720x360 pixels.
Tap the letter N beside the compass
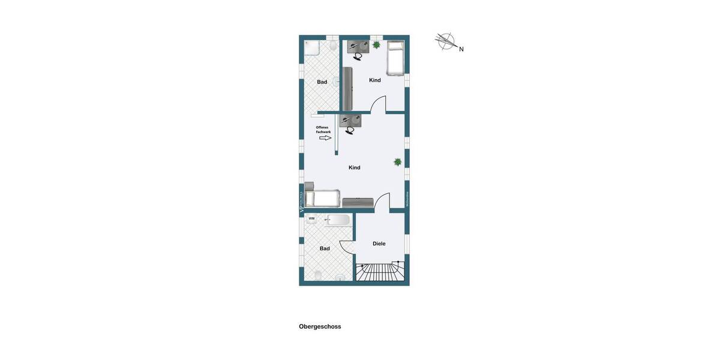coord(461,49)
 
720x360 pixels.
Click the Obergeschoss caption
coord(320,326)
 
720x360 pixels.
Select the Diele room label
coord(379,244)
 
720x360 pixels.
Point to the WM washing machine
coord(311,219)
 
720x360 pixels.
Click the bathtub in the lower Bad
coord(338,220)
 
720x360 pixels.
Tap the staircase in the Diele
coord(380,271)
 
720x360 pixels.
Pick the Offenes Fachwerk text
coord(323,130)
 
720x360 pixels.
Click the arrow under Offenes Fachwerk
coord(325,138)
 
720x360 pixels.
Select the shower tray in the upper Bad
coord(312,47)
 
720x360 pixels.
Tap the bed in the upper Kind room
coord(395,58)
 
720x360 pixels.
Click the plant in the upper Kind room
coord(376,44)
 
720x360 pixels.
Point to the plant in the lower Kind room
coord(397,162)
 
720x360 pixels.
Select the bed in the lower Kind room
coord(323,198)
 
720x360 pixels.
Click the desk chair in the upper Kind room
coord(358,56)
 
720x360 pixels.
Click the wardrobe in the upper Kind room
coord(347,88)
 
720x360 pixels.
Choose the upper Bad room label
coord(322,82)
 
